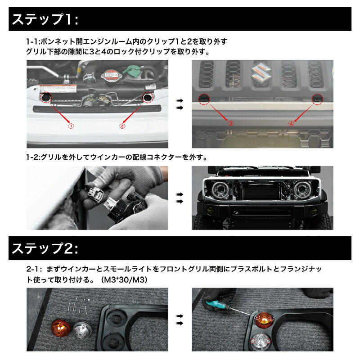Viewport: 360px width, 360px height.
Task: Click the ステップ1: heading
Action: coord(45,20)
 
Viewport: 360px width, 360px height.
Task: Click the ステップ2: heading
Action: coord(45,248)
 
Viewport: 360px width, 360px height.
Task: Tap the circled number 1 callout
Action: coord(71,126)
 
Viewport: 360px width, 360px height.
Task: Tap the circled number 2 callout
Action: coord(122,126)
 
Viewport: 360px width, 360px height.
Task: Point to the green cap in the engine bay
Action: coord(133,70)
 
